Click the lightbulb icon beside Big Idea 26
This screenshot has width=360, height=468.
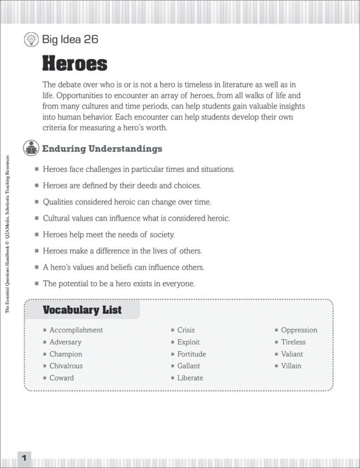31,39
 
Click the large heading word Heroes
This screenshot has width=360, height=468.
75,64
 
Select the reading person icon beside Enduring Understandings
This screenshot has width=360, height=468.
31,148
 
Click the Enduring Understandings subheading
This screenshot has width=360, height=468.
102,148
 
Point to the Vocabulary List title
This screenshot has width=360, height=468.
82,310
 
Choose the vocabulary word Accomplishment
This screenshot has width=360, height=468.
76,330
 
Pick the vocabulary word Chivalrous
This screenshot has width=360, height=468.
66,366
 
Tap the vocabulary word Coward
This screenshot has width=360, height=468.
61,378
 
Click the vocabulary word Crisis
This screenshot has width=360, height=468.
186,330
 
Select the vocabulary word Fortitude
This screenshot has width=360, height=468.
192,354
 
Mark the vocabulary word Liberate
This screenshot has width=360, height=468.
190,378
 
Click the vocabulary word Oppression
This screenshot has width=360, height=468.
299,330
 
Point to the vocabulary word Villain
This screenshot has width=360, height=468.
291,366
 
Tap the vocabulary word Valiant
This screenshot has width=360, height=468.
292,354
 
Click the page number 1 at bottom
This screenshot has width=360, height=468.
23,458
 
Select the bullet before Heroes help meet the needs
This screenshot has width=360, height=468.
37,235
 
